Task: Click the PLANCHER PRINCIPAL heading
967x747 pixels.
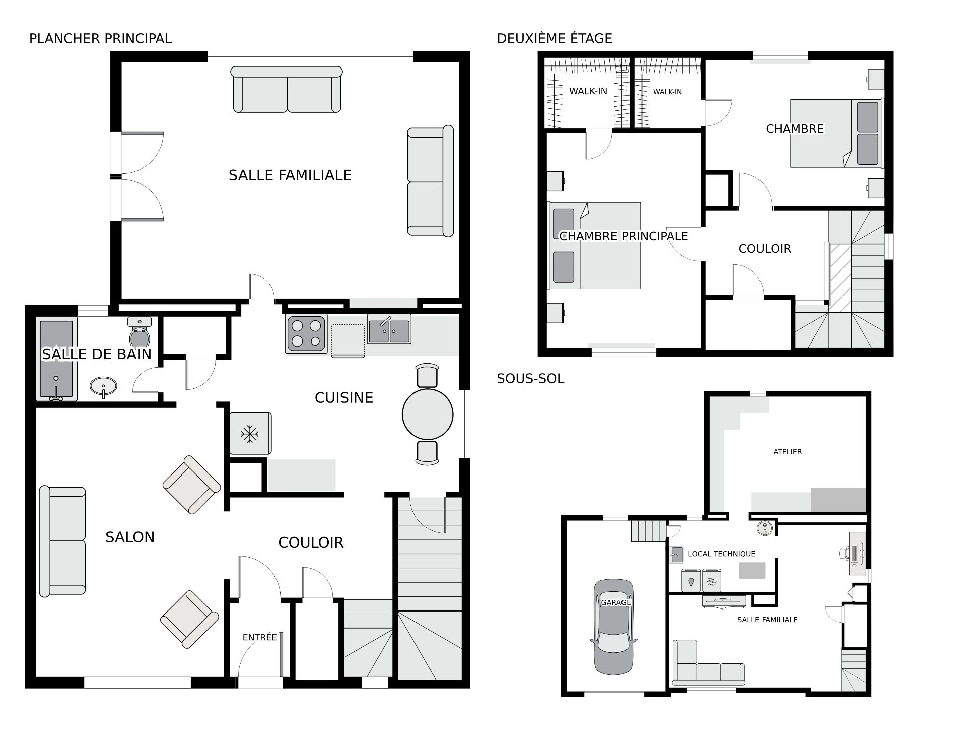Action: (x=100, y=38)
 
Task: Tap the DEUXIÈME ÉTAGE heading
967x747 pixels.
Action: (x=555, y=38)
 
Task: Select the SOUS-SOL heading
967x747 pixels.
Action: (x=530, y=379)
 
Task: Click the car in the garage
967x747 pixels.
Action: (x=613, y=627)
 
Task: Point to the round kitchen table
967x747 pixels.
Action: (x=428, y=414)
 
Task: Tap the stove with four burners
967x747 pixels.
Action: (x=306, y=333)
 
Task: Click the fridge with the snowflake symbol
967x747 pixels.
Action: (x=250, y=434)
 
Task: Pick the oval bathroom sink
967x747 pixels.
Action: (x=103, y=387)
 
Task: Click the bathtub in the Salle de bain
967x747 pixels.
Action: (x=56, y=359)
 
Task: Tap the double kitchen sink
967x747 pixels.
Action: (x=389, y=329)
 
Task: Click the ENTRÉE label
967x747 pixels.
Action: (x=260, y=637)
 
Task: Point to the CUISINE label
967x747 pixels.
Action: (x=344, y=398)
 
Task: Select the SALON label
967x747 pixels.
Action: (x=130, y=537)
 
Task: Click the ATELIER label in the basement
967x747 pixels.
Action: (x=788, y=452)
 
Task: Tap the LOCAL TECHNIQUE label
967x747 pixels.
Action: (x=722, y=554)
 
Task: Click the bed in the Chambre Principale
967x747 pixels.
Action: (x=595, y=246)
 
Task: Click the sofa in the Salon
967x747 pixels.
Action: (x=62, y=541)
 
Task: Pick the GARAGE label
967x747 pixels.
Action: (x=616, y=602)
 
